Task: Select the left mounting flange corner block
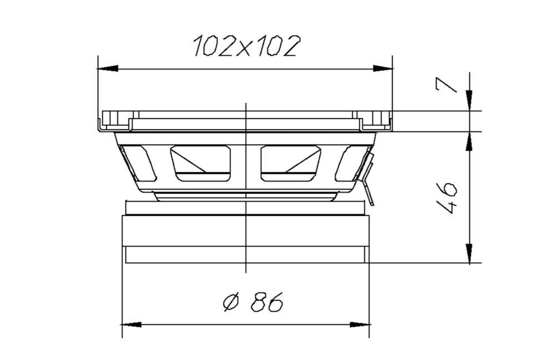[x=115, y=119]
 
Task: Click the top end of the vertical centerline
[x=245, y=104]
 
